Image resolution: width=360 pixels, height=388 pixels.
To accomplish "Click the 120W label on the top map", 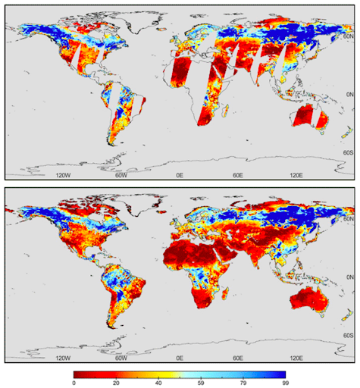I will (x=64, y=175).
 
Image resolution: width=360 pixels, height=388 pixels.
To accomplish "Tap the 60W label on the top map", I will (x=121, y=175).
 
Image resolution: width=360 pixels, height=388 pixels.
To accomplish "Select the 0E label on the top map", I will (x=180, y=175).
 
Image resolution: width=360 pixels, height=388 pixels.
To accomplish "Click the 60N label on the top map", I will (x=348, y=36).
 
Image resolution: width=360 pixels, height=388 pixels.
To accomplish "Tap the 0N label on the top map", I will (x=348, y=94).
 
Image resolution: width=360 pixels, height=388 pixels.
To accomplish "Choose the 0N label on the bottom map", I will (x=348, y=277).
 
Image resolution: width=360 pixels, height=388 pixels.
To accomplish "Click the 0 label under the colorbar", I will (x=74, y=383).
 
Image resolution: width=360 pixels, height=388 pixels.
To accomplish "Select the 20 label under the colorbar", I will (x=117, y=383).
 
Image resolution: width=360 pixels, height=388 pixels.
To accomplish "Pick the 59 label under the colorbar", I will (x=200, y=383).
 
